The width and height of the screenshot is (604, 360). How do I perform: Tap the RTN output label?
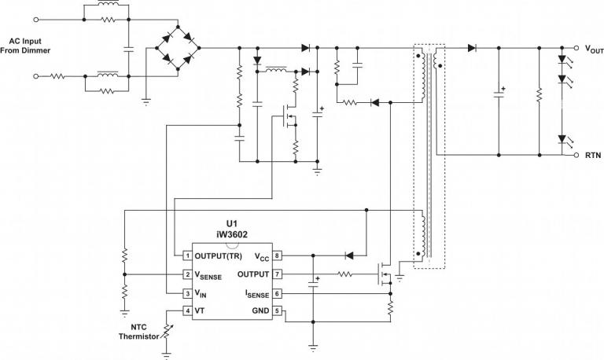[x=592, y=156]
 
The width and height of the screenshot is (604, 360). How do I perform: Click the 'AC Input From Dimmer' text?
[x=28, y=45]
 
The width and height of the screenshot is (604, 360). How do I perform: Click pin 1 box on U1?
[x=187, y=255]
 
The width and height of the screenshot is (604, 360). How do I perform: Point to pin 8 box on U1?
[x=277, y=255]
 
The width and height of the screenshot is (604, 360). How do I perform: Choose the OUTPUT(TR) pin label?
[x=219, y=255]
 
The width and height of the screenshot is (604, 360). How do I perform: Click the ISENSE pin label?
[x=256, y=293]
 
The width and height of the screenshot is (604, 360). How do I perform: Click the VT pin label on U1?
[x=201, y=311]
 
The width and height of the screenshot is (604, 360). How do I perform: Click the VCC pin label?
[x=262, y=255]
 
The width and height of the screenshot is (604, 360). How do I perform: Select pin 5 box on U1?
[x=277, y=311]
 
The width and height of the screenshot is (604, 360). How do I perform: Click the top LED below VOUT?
[x=562, y=60]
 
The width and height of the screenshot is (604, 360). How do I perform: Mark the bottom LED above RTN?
[x=562, y=139]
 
